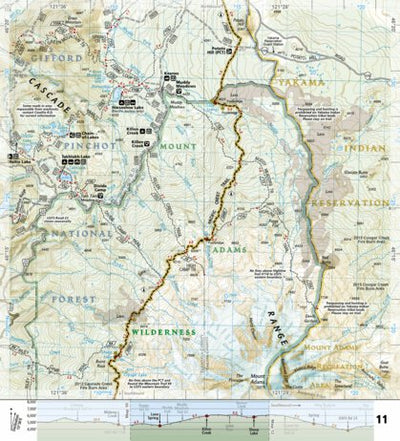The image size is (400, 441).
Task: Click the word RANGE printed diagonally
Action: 274,321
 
